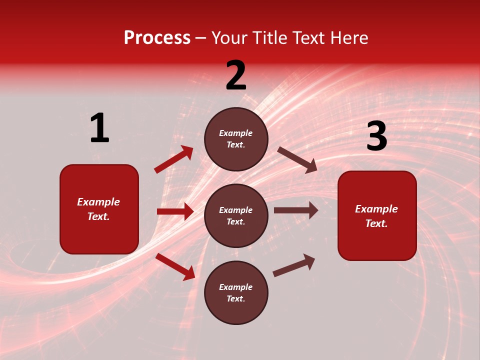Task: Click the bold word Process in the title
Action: click(157, 37)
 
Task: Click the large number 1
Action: click(99, 128)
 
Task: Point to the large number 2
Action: click(236, 75)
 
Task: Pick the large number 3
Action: click(376, 136)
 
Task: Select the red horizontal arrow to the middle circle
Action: click(175, 211)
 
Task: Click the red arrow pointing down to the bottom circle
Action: click(175, 266)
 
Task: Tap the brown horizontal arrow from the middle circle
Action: click(295, 210)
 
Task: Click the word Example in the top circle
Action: click(236, 133)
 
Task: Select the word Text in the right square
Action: click(376, 223)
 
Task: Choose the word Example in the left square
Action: click(98, 202)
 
